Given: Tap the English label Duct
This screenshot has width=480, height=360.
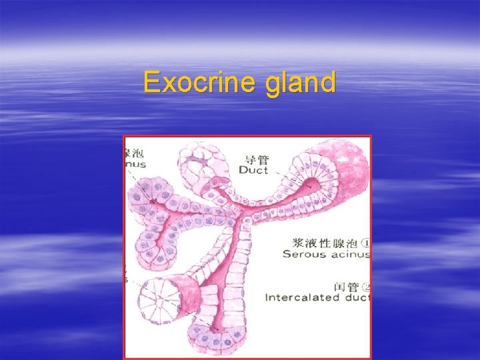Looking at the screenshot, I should pyautogui.click(x=253, y=170).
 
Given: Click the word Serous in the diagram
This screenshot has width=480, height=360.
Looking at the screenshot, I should pyautogui.click(x=303, y=254).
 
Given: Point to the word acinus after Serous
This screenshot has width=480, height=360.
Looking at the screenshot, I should pyautogui.click(x=349, y=254).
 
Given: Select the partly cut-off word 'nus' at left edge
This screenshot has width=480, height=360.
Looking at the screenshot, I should pyautogui.click(x=135, y=163).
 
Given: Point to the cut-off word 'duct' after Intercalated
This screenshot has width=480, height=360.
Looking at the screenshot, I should pyautogui.click(x=358, y=297).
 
